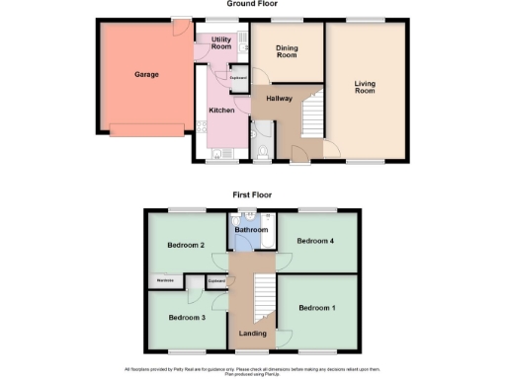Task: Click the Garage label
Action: pos(146,74)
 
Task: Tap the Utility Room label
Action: pos(221,43)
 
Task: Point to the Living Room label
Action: pos(366,88)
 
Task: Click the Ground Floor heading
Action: pos(252,5)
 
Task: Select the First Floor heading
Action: pos(253,195)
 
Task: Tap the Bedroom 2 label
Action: pos(185,244)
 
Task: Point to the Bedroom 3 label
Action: pos(186,317)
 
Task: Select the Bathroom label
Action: pos(252,229)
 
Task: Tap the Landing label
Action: pos(252,333)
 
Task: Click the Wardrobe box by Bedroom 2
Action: pos(165,281)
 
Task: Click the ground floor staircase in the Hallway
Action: pos(312,114)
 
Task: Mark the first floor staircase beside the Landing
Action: pos(263,297)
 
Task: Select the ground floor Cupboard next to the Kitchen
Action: pos(238,76)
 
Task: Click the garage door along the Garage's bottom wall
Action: pos(145,126)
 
